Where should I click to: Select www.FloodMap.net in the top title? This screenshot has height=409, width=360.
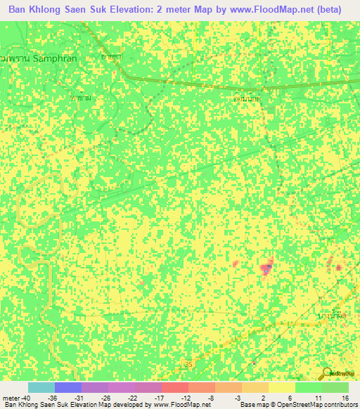click(264, 10)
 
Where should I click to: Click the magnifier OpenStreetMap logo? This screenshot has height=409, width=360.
click(327, 372)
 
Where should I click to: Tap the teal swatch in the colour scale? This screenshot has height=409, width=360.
click(41, 388)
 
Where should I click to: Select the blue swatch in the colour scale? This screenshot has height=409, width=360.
click(67, 388)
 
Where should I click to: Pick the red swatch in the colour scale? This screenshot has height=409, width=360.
click(174, 388)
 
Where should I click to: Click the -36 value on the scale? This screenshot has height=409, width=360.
click(52, 398)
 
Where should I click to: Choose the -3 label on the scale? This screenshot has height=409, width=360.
click(239, 398)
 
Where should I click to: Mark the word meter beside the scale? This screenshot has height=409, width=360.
click(11, 398)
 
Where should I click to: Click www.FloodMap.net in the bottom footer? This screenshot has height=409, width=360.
click(173, 405)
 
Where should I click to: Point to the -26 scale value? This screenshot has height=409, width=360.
click(105, 398)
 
